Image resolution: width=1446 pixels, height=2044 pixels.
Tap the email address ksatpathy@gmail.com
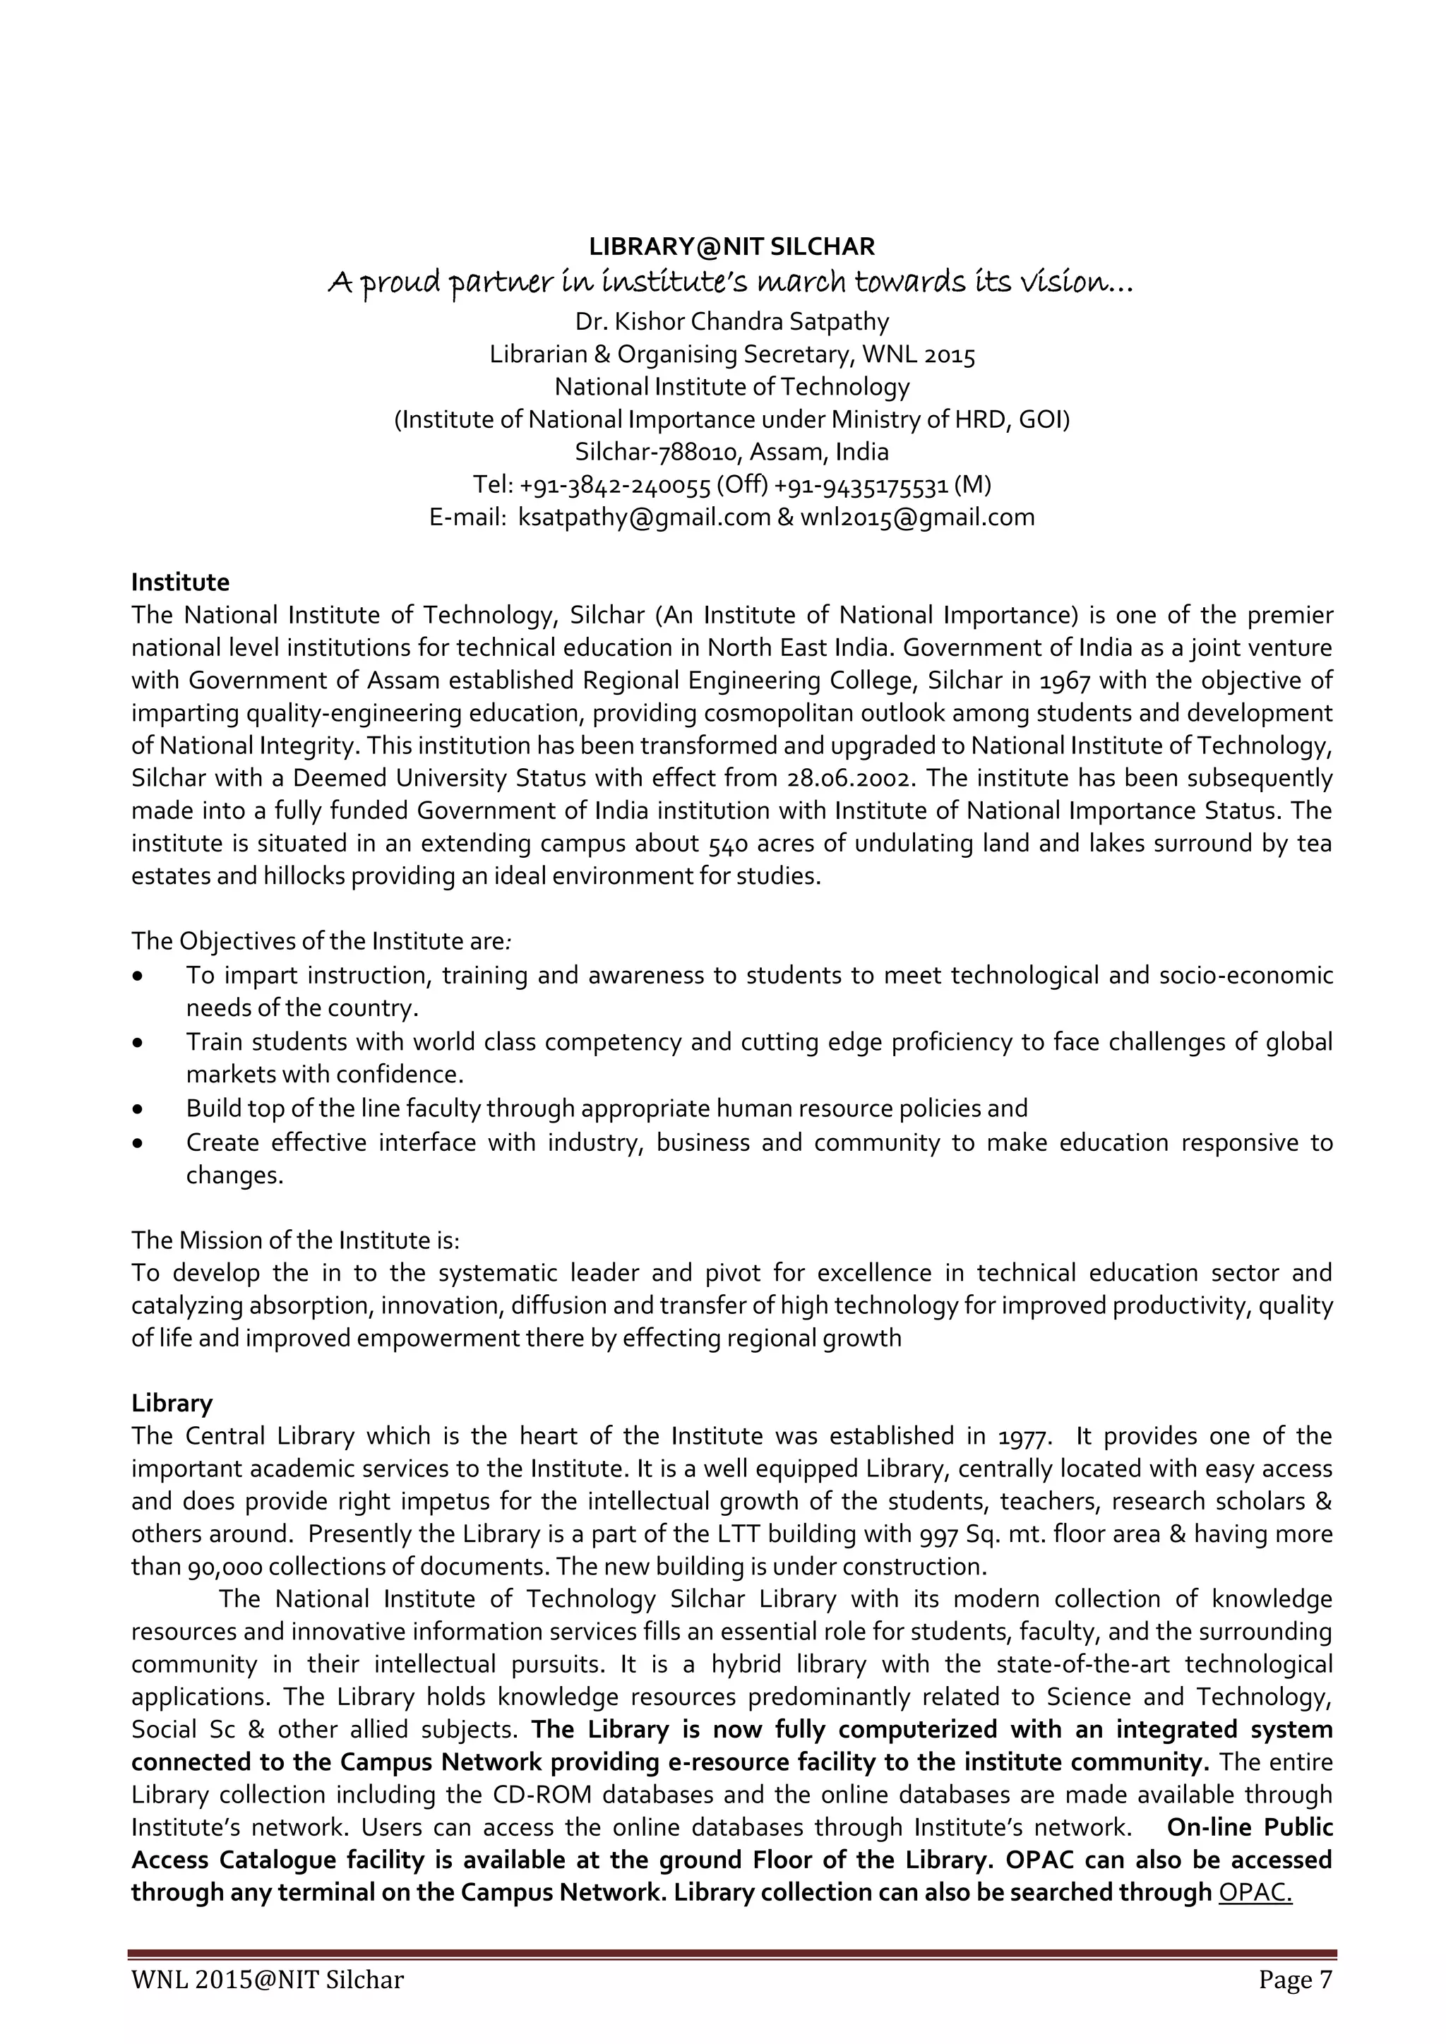pos(645,518)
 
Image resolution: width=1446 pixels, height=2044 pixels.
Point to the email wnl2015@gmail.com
pos(917,518)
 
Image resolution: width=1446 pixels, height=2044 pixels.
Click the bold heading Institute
pos(180,582)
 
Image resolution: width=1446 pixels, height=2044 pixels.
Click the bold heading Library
pos(172,1403)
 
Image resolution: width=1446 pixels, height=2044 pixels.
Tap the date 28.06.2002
pos(850,779)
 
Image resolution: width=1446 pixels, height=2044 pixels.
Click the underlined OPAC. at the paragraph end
pos(1255,1891)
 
